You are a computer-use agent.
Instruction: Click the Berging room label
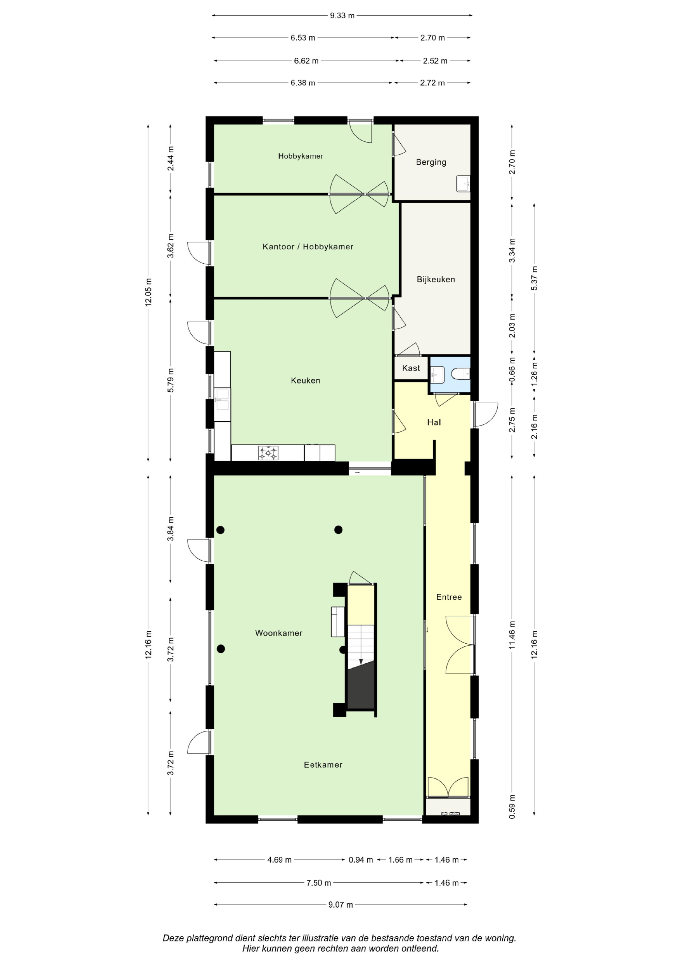click(x=431, y=162)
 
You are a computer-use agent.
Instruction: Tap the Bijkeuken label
click(x=436, y=279)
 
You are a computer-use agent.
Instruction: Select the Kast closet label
click(x=411, y=368)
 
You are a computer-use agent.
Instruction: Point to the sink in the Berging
click(x=463, y=183)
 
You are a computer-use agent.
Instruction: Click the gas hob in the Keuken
click(x=268, y=453)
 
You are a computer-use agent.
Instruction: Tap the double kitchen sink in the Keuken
click(x=222, y=399)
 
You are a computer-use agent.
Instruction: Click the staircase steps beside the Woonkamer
click(x=360, y=647)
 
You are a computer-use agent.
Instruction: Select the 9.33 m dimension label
click(x=342, y=16)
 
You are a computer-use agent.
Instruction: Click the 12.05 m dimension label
click(x=148, y=292)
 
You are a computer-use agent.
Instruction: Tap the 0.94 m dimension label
click(x=360, y=860)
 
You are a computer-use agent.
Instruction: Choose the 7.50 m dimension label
click(x=318, y=883)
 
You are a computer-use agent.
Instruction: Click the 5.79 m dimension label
click(x=170, y=380)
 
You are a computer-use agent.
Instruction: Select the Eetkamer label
click(x=323, y=765)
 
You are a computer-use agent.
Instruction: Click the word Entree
click(x=449, y=597)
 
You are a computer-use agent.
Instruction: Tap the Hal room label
click(x=434, y=422)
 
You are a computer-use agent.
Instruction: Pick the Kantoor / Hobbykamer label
click(x=308, y=247)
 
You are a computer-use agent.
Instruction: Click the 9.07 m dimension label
click(x=340, y=905)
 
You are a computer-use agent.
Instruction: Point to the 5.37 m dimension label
click(x=534, y=278)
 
